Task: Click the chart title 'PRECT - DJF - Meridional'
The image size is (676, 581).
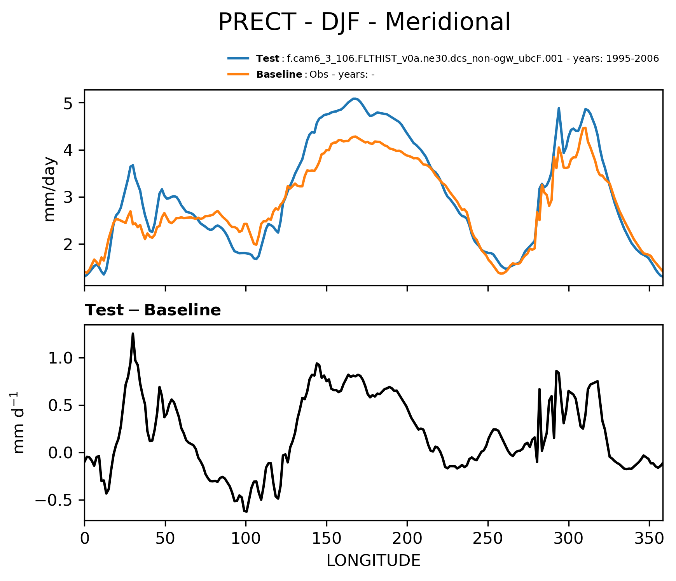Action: pyautogui.click(x=364, y=22)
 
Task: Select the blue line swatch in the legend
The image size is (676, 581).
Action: pyautogui.click(x=238, y=59)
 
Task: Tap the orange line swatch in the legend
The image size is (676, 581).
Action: pyautogui.click(x=238, y=74)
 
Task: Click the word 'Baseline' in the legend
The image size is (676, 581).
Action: pyautogui.click(x=279, y=75)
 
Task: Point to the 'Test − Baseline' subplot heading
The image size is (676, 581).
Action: pyautogui.click(x=153, y=310)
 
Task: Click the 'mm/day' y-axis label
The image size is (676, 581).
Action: pyautogui.click(x=50, y=189)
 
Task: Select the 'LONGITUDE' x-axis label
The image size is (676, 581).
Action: pyautogui.click(x=373, y=560)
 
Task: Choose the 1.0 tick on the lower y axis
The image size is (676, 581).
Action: pyautogui.click(x=61, y=358)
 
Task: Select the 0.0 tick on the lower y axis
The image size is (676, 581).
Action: pyautogui.click(x=61, y=453)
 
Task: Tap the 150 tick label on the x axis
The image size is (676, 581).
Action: pyautogui.click(x=327, y=538)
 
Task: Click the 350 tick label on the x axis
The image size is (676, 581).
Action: pyautogui.click(x=649, y=538)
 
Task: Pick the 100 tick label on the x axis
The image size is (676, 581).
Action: pyautogui.click(x=246, y=538)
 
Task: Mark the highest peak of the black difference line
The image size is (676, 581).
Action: pyautogui.click(x=133, y=334)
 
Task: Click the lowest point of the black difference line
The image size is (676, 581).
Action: pyautogui.click(x=246, y=511)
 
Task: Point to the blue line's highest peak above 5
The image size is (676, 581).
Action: pyautogui.click(x=354, y=99)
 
